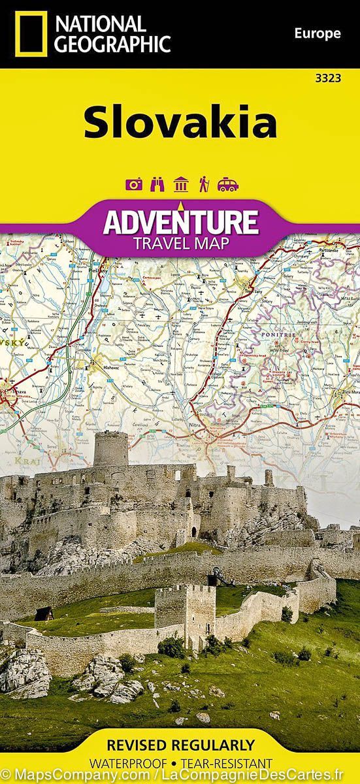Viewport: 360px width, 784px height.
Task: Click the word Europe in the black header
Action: coord(317,33)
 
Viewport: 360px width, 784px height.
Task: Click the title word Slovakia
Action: coord(180,123)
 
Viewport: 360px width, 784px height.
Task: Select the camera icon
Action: coord(134,185)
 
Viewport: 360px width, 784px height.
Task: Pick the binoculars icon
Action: coord(157,185)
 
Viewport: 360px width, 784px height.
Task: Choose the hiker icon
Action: coord(203,185)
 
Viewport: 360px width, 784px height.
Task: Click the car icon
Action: coord(227,185)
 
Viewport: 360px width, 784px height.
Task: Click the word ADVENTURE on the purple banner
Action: coord(180,222)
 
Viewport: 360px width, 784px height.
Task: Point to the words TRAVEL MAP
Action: coord(180,244)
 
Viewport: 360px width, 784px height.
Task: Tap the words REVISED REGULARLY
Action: coord(180,745)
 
